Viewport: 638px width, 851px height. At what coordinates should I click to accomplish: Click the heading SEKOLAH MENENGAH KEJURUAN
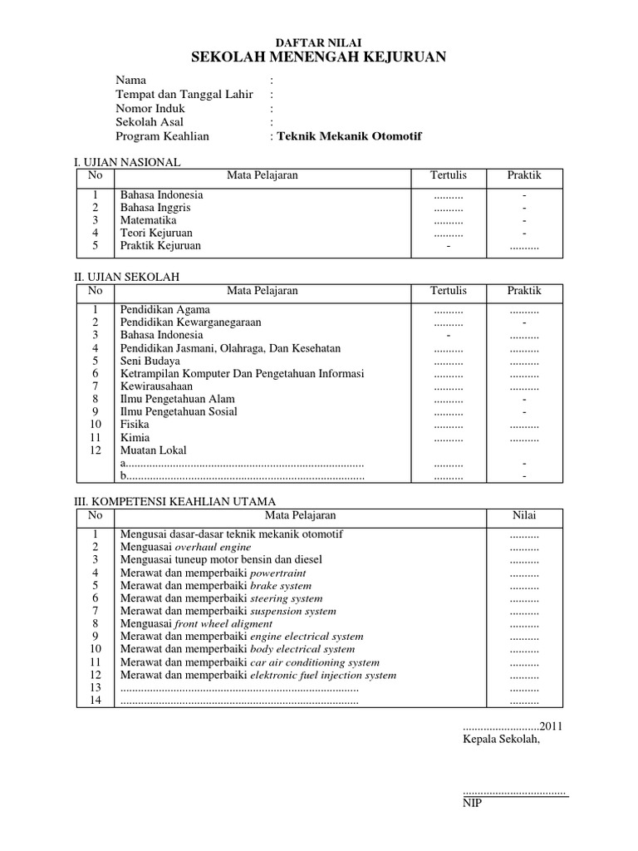[x=319, y=57]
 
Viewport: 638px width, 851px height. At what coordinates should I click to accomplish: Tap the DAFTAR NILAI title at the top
[x=319, y=42]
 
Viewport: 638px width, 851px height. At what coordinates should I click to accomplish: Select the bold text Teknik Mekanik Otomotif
[x=349, y=136]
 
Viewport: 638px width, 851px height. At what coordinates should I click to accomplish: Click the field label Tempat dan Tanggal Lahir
[x=184, y=94]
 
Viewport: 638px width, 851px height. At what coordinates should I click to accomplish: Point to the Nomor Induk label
[x=150, y=108]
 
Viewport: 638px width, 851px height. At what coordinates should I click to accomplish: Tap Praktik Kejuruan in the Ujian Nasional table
[x=160, y=246]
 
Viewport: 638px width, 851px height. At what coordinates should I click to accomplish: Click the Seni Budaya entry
[x=150, y=361]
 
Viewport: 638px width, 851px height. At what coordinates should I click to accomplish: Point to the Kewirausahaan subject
[x=156, y=386]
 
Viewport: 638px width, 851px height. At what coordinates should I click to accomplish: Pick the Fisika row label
[x=135, y=425]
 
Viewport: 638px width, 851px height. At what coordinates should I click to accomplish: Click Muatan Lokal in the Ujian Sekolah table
[x=154, y=450]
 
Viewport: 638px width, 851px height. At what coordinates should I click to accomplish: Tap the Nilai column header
[x=523, y=515]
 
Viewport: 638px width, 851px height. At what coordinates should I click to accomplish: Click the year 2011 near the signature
[x=552, y=726]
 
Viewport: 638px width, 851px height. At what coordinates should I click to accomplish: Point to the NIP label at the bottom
[x=472, y=803]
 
